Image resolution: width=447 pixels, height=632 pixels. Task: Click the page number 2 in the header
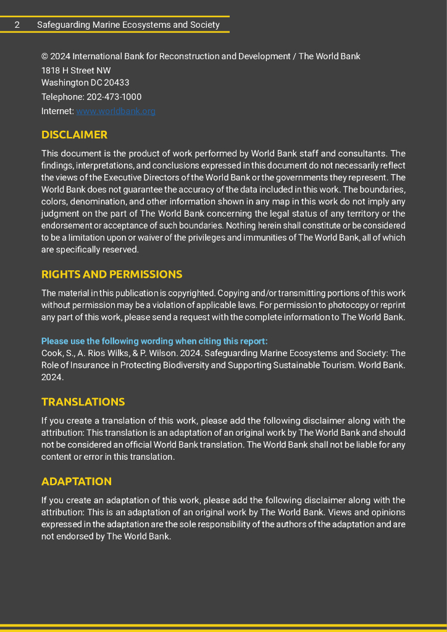click(17, 25)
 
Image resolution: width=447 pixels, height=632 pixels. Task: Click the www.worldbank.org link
click(115, 111)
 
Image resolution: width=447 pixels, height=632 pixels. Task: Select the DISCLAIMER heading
click(74, 135)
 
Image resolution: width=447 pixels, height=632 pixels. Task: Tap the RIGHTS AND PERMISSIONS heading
click(112, 274)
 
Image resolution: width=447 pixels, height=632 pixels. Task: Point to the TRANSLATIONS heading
click(83, 402)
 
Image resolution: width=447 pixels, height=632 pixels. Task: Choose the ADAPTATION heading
click(77, 481)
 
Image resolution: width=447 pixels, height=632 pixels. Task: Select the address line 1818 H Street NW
click(76, 70)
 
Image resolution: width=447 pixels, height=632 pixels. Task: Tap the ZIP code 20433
click(117, 83)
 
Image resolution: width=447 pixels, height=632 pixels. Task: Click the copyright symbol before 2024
click(44, 56)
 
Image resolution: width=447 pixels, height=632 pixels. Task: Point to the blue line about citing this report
click(154, 341)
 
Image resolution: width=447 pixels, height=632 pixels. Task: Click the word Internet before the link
click(57, 111)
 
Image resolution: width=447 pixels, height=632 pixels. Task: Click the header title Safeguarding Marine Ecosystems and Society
click(128, 25)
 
